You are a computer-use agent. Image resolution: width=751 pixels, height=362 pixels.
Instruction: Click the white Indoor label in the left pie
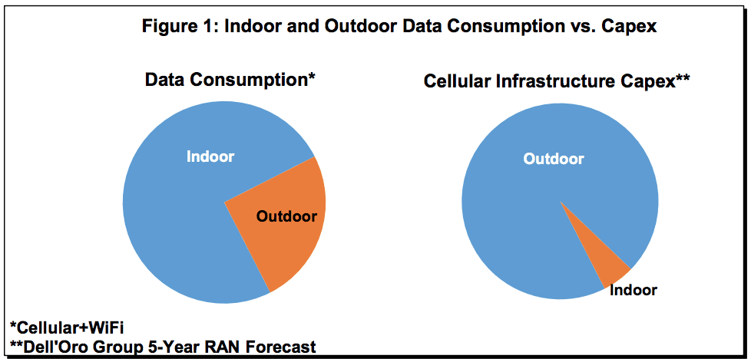tap(210, 156)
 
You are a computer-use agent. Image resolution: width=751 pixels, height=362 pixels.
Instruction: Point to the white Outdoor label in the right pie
tap(554, 159)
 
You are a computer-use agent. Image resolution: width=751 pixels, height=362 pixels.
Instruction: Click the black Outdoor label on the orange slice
tap(286, 216)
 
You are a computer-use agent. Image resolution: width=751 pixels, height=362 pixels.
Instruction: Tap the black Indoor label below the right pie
tap(634, 290)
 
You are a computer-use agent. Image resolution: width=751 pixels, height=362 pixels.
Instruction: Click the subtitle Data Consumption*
tap(230, 79)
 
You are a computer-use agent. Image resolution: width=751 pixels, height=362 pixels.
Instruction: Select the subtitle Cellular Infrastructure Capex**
tap(557, 81)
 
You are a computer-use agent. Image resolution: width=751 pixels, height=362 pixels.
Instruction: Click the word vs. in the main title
tap(589, 26)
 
